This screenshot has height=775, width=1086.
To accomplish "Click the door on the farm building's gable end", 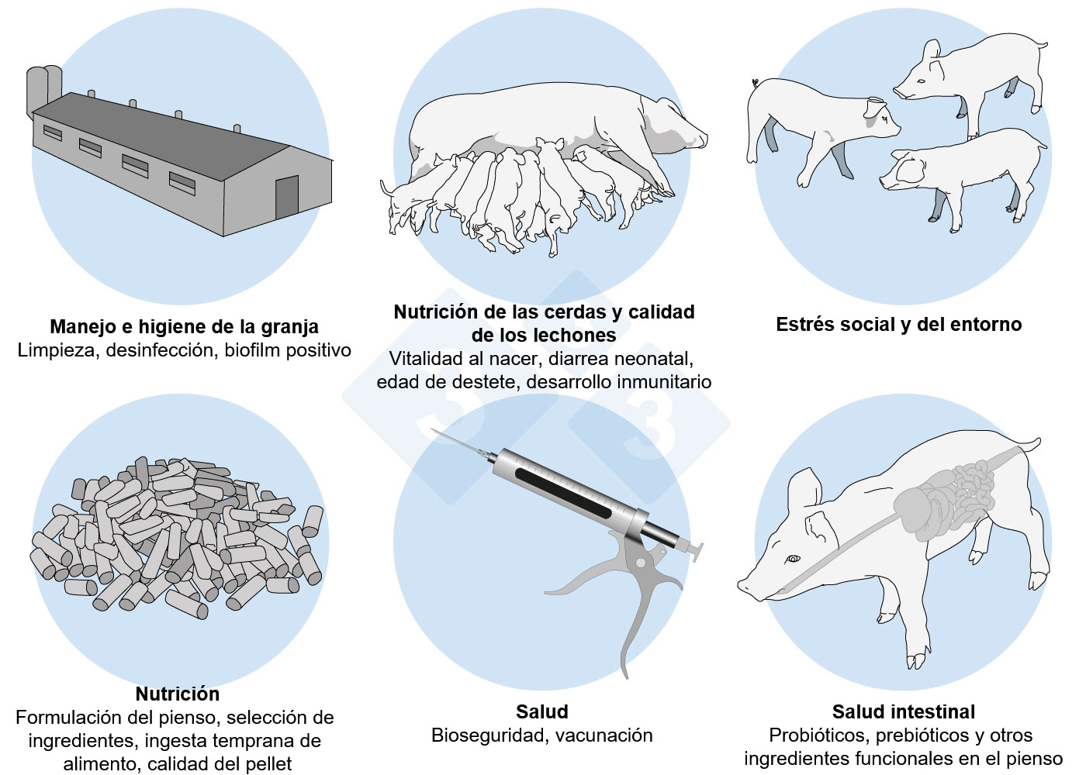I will [x=286, y=198].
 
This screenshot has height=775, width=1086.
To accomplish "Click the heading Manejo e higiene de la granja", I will [x=184, y=327].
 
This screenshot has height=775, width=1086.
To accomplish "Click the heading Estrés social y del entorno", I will [x=898, y=325].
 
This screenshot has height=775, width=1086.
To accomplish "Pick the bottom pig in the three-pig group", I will [x=962, y=174].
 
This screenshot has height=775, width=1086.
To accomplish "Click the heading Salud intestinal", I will [x=903, y=712].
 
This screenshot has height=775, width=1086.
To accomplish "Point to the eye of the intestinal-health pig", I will [x=793, y=559].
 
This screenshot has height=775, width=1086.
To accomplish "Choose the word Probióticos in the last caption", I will [x=818, y=735].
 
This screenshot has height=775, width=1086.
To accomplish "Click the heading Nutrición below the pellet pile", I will [x=178, y=694].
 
